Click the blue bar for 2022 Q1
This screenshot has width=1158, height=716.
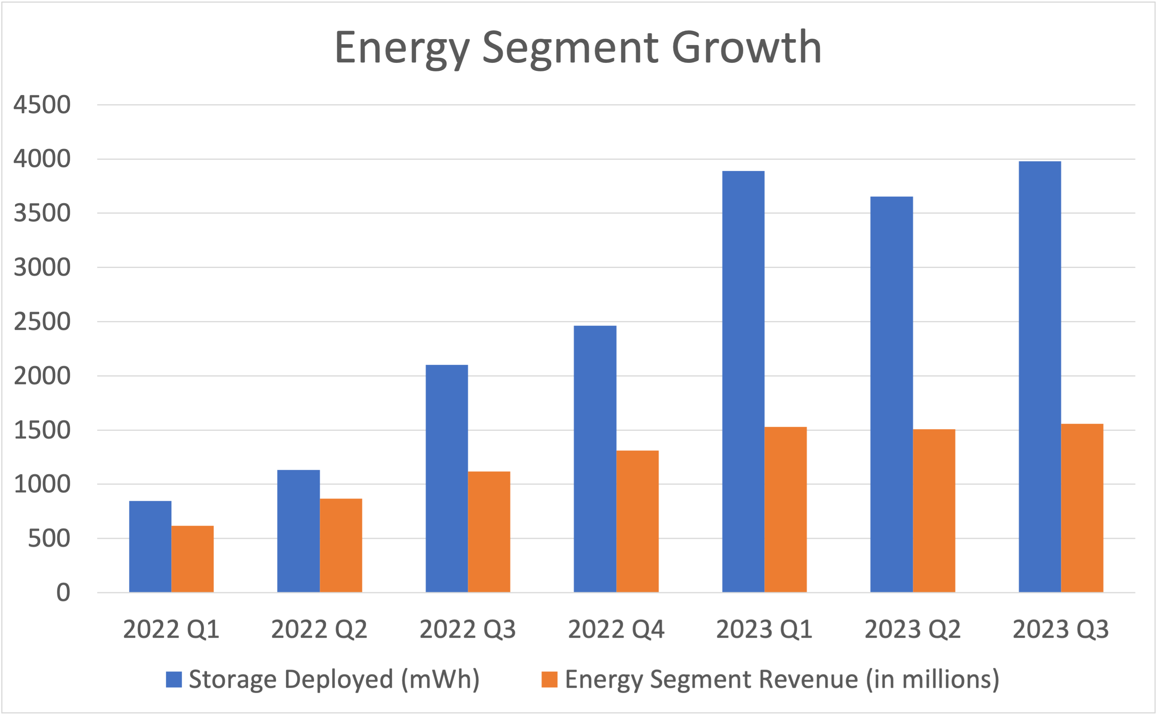click(150, 547)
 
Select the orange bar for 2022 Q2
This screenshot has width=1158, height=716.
click(341, 545)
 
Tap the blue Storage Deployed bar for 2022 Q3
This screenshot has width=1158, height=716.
click(446, 478)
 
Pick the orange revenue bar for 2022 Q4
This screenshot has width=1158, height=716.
click(637, 521)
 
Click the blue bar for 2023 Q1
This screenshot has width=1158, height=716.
click(743, 381)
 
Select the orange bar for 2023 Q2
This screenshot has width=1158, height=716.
click(934, 511)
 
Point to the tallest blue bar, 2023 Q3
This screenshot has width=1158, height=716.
click(1040, 376)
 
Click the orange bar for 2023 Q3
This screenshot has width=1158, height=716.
click(1082, 508)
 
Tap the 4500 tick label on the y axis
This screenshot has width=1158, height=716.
click(41, 105)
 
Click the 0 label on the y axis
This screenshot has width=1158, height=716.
click(63, 593)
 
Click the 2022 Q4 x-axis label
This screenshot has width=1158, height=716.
click(616, 629)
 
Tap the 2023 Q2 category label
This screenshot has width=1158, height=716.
click(912, 629)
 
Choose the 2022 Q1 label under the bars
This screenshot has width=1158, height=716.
click(171, 629)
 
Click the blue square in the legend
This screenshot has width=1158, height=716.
click(174, 680)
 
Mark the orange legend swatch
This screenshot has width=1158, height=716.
click(549, 680)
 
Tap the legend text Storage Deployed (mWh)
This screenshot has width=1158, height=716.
click(334, 680)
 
